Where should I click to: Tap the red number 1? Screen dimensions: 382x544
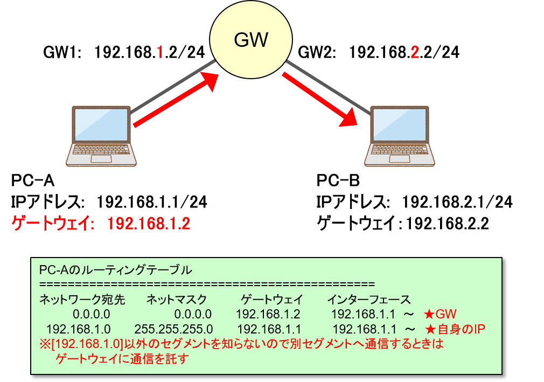[x=159, y=52]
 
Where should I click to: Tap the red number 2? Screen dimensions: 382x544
[x=414, y=52]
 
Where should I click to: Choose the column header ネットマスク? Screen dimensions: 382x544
[x=176, y=300]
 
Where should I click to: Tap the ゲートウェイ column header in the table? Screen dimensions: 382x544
[x=271, y=300]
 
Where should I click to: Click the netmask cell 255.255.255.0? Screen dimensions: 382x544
[x=173, y=329]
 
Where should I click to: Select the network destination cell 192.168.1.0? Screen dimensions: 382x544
[x=78, y=329]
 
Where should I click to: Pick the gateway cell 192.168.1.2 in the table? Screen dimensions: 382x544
[x=268, y=314]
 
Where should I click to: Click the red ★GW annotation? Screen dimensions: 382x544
[x=440, y=314]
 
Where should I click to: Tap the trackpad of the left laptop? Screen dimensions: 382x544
[x=101, y=158]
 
